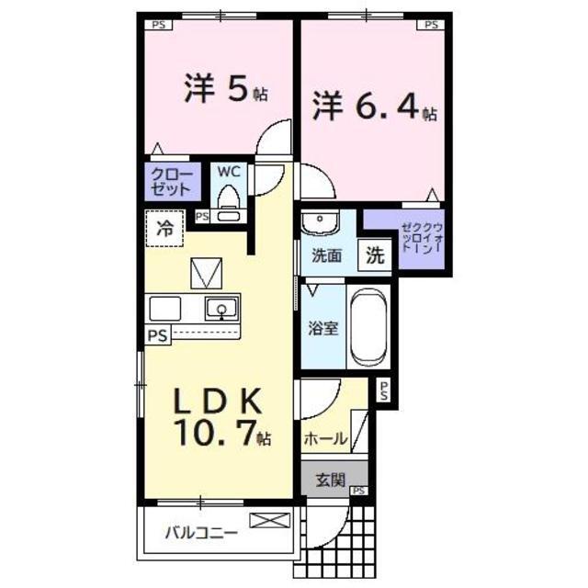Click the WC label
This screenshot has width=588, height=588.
[x=228, y=171]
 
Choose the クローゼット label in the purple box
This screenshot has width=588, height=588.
[x=172, y=182]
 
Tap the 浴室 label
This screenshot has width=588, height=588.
[x=322, y=328]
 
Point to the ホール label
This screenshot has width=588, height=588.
[x=326, y=439]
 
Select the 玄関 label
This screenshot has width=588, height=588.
[x=330, y=480]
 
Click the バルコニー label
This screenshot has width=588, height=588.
[x=202, y=532]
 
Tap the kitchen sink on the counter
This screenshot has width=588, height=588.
[x=220, y=308]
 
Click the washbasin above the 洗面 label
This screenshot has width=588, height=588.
[x=321, y=222]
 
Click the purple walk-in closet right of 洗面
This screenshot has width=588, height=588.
[x=405, y=239]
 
